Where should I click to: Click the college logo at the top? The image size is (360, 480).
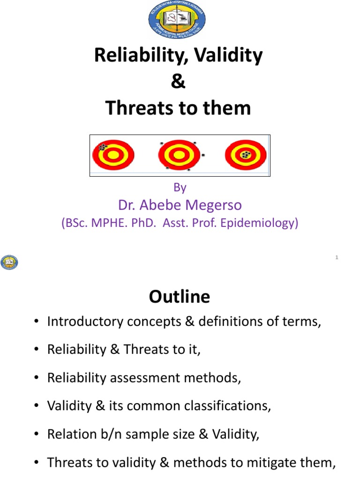click(177, 21)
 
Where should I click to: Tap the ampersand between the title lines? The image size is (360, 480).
click(178, 82)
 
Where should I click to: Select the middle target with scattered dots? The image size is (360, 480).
click(180, 155)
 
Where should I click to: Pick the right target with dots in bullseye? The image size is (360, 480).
click(246, 155)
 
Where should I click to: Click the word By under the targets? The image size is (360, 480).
click(180, 187)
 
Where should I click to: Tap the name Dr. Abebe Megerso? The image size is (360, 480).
click(180, 205)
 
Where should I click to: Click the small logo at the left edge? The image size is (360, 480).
click(9, 262)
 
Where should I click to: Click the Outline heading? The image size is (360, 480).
click(180, 296)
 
